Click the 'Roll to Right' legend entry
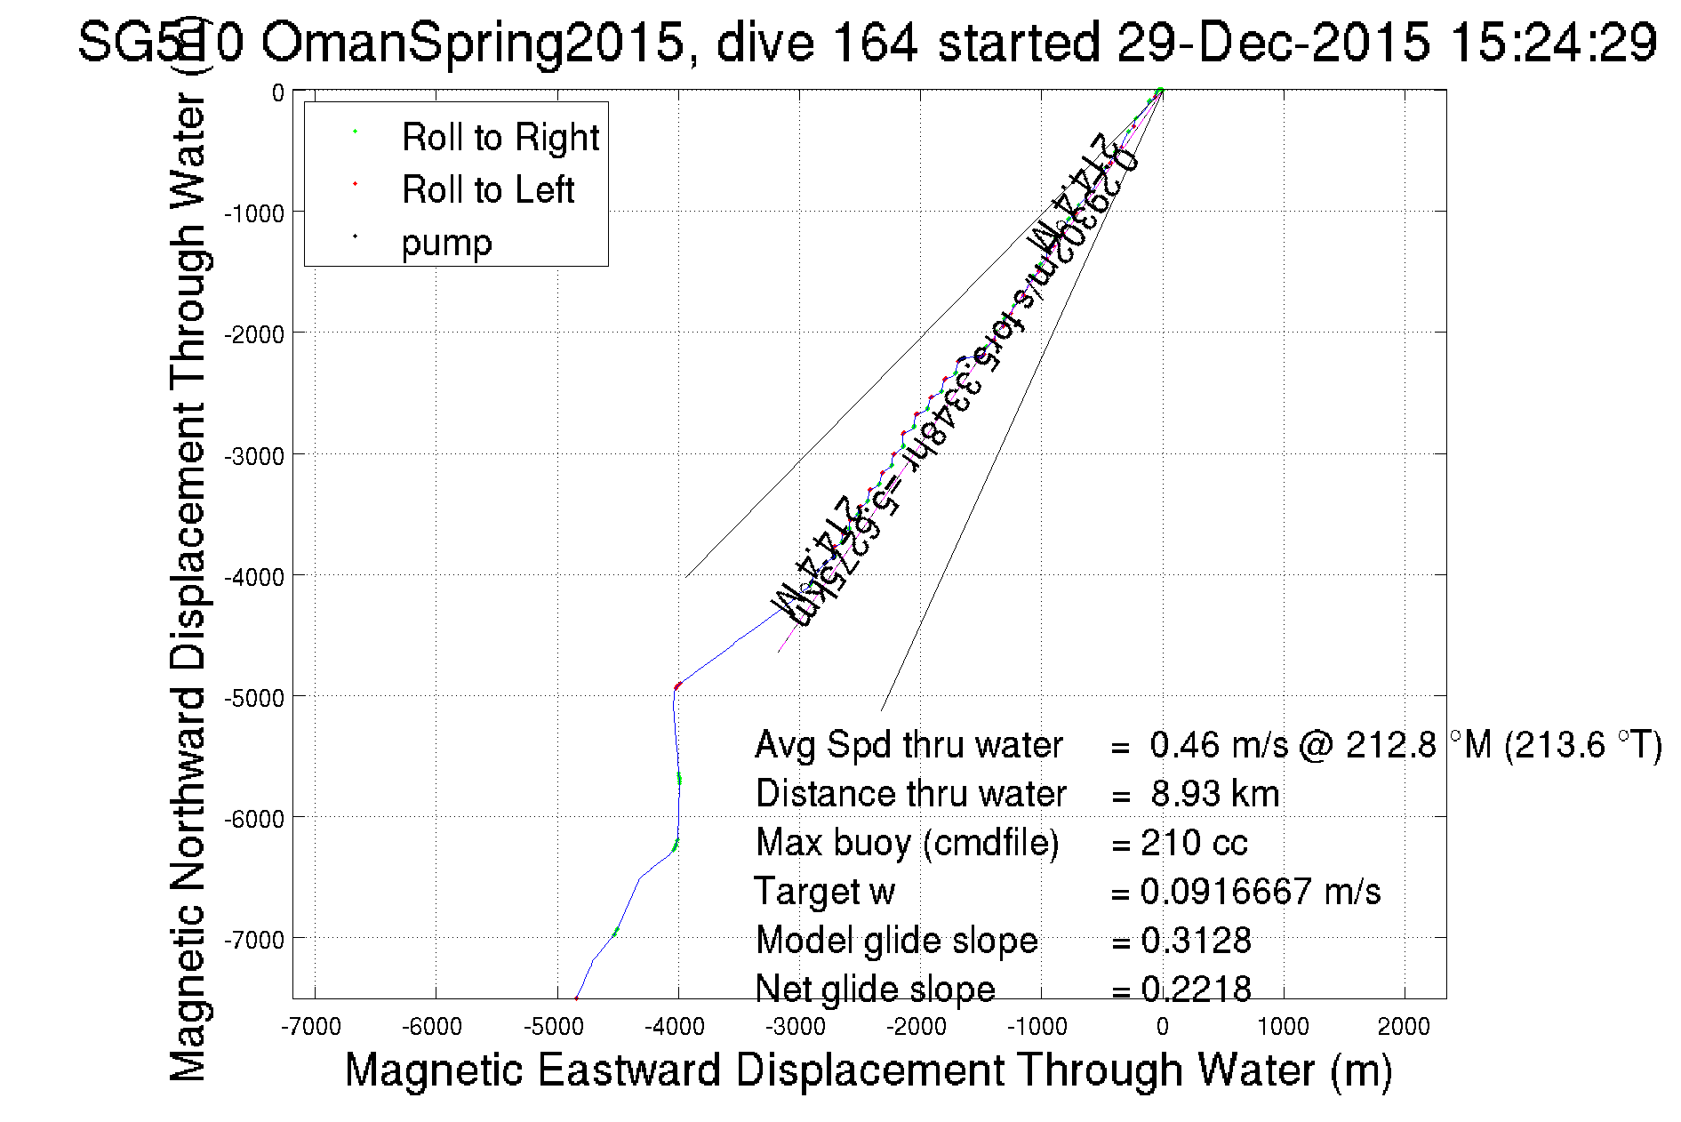coord(500,138)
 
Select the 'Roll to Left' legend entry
coord(487,190)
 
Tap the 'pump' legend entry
coord(446,243)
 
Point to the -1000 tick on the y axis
coord(253,213)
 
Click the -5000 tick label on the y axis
coord(253,698)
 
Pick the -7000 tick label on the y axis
coord(253,940)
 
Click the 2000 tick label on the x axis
coord(1403,1027)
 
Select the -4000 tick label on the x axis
coord(678,1027)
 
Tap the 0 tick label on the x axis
coord(1162,1027)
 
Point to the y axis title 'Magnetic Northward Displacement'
coord(188,587)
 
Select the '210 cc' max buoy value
coord(1194,843)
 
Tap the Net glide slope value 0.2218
coord(1196,989)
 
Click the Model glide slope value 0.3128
coord(1196,941)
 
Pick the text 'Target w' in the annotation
coord(824,892)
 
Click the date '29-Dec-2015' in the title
coord(1273,42)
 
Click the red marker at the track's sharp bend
coord(677,685)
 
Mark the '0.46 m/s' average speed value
coord(1218,745)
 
